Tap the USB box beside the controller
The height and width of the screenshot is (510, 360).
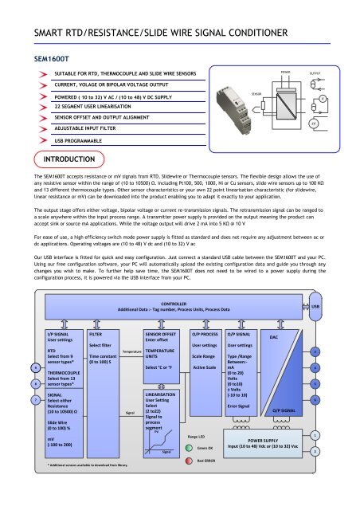coord(337,305)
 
